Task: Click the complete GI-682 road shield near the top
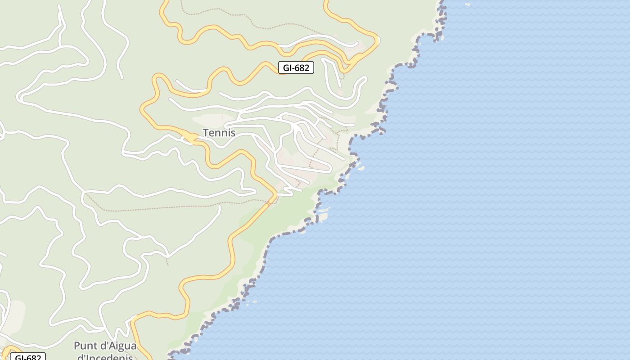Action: click(x=296, y=68)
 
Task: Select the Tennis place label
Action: click(x=219, y=133)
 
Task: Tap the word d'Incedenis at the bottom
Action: click(x=105, y=357)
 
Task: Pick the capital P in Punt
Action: click(x=77, y=346)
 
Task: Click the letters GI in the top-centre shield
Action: click(x=287, y=68)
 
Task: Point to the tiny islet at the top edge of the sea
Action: click(x=467, y=4)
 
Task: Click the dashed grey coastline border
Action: click(x=270, y=243)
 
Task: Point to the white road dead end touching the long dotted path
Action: click(x=220, y=207)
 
